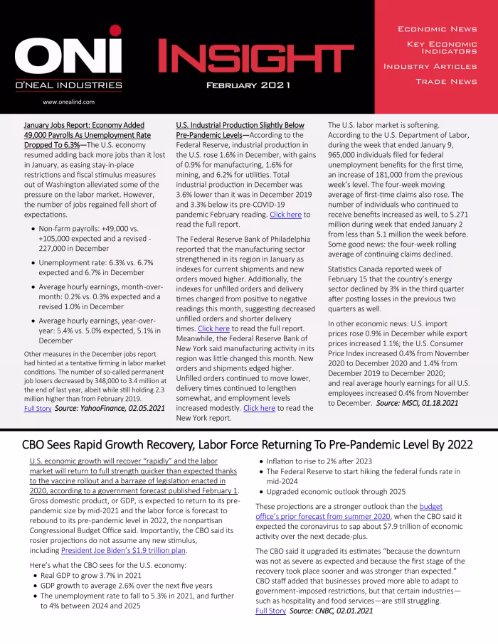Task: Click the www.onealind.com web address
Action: (x=69, y=102)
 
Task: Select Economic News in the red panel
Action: (x=437, y=29)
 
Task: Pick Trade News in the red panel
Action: (x=446, y=82)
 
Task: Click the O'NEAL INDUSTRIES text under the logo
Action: (x=68, y=86)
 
